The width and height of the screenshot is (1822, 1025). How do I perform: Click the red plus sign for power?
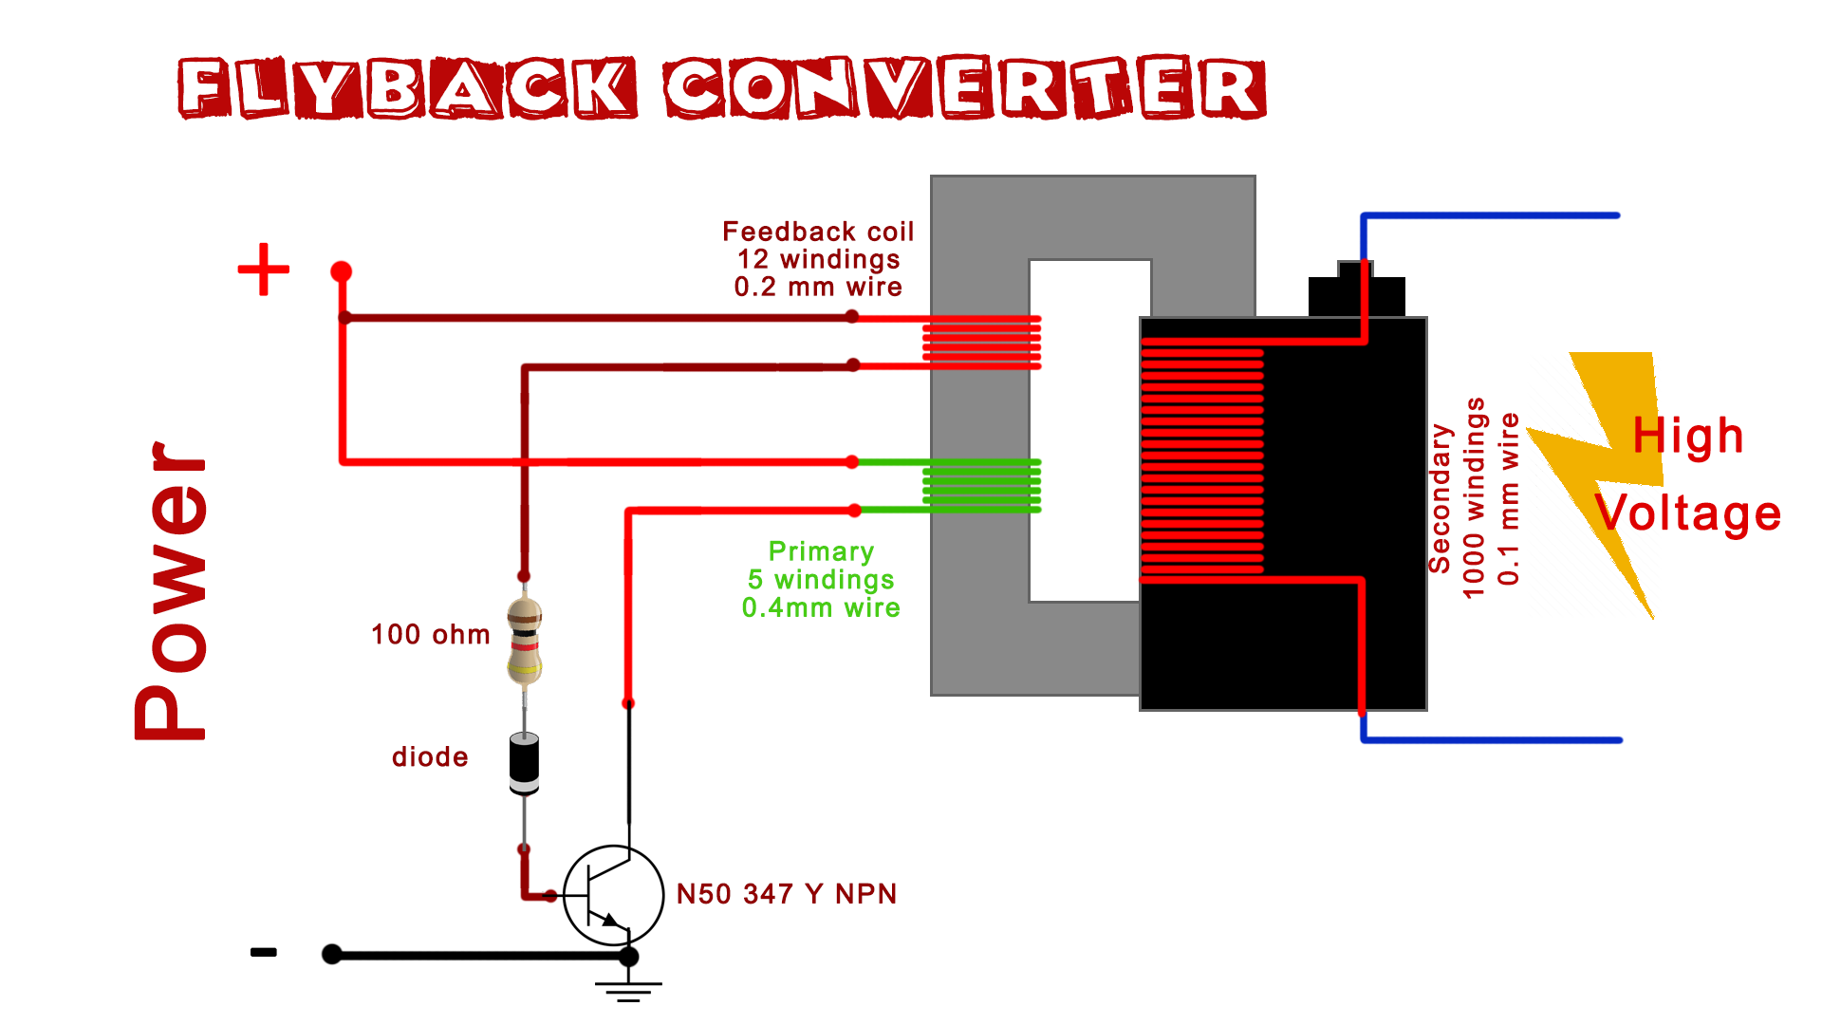(x=263, y=270)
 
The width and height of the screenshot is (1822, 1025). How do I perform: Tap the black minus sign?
(x=263, y=952)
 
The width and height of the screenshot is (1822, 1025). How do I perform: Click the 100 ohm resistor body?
(x=525, y=642)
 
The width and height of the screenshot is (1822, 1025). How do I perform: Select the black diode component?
(x=524, y=761)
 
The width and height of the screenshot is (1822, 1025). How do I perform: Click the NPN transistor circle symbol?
(x=613, y=895)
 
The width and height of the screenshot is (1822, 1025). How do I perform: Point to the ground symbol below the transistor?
(x=628, y=989)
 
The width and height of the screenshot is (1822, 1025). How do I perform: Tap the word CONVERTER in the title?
(x=964, y=87)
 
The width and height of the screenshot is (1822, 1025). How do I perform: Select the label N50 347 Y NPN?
(x=786, y=894)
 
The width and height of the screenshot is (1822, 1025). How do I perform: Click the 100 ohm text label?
(x=430, y=634)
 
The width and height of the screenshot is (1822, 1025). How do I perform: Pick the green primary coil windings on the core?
(x=981, y=486)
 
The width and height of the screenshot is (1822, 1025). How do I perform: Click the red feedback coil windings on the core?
(x=981, y=342)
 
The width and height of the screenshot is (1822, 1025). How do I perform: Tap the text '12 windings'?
(x=818, y=259)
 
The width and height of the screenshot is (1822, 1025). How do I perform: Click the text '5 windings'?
(x=820, y=579)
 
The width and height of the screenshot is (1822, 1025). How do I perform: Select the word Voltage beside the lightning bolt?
(x=1687, y=513)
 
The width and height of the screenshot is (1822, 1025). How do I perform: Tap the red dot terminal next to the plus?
(x=341, y=272)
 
